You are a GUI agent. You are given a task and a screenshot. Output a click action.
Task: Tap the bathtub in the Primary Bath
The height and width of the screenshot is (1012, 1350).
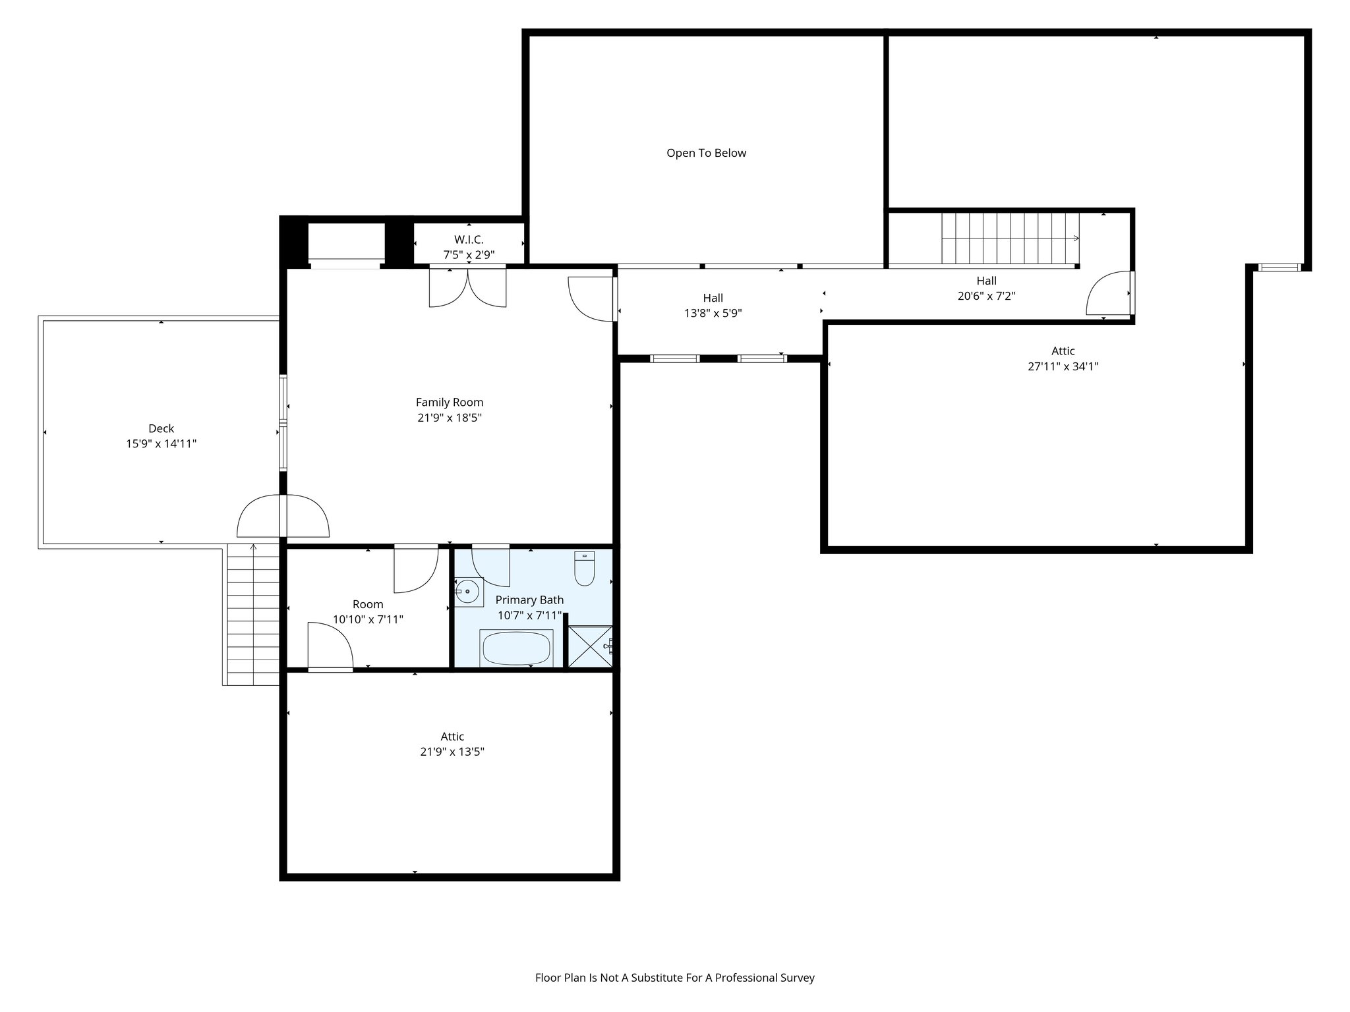coord(517,648)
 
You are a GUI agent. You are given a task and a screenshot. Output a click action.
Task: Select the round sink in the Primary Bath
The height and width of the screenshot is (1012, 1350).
coord(467,592)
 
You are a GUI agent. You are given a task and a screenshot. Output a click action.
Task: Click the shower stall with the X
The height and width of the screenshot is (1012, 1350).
coord(589,647)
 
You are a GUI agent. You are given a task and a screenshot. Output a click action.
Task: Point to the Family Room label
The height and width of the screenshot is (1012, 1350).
coord(450,402)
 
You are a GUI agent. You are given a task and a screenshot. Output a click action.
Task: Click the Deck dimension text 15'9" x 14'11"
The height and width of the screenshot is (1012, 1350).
coord(161,444)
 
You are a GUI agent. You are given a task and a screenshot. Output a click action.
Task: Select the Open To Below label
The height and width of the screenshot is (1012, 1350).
coord(706,153)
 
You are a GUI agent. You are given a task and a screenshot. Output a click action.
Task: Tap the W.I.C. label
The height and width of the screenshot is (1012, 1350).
coord(469,240)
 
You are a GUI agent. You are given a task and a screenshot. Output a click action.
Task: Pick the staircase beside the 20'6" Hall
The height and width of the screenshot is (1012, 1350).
coord(1010,239)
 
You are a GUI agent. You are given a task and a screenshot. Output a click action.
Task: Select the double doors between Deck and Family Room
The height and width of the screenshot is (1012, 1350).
coord(283,517)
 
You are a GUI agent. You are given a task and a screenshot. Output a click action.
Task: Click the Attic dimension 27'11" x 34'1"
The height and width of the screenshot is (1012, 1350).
coord(1063,366)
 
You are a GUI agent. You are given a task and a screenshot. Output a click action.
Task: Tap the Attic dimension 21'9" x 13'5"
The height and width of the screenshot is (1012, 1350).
coord(452,752)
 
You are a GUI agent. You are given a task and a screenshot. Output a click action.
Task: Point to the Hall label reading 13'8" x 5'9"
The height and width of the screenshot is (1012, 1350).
coord(713,314)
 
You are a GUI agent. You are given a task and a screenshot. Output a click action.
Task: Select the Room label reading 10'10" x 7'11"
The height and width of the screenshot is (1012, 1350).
coord(368,619)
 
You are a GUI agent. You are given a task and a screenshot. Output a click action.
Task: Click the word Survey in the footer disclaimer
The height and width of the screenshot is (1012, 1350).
coord(797,978)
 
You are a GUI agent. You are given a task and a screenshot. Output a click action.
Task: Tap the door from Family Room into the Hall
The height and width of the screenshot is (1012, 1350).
coord(592,298)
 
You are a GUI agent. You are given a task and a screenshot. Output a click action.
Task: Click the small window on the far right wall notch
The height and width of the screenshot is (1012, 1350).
coord(1279,267)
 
